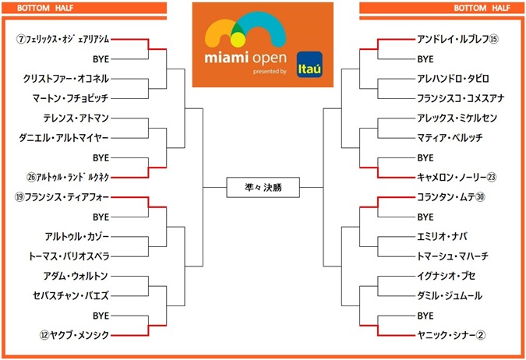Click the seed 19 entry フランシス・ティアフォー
click(x=66, y=196)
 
